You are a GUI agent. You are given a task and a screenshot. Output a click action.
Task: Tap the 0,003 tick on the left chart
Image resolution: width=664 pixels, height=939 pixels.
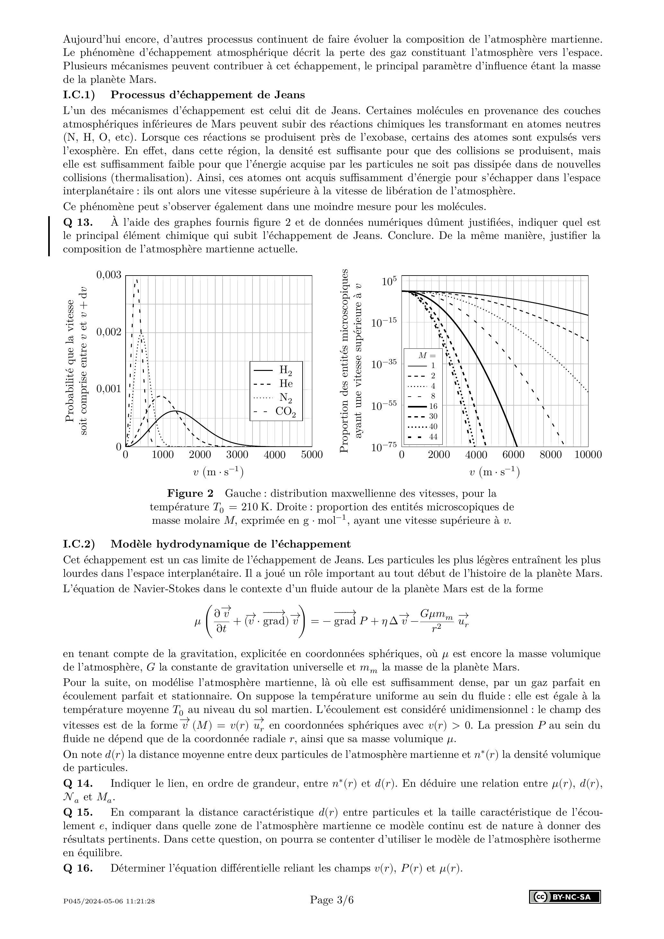(109, 275)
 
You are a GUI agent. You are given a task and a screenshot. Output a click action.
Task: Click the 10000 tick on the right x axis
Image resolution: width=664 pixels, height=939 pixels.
(588, 455)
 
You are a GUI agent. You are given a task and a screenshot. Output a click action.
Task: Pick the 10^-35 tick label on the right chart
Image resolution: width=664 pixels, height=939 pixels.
(384, 364)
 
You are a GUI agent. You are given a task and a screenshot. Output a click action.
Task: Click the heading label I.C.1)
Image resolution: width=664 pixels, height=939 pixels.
(79, 95)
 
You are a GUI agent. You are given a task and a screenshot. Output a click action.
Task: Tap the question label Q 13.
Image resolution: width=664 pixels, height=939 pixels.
(78, 223)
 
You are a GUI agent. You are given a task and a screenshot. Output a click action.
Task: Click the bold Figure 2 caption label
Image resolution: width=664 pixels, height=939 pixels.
(190, 494)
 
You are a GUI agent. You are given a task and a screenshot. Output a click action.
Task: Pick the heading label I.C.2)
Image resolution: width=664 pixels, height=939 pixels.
(79, 544)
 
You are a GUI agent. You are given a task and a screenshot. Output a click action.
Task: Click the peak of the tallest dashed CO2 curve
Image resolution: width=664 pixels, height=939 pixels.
(136, 280)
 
